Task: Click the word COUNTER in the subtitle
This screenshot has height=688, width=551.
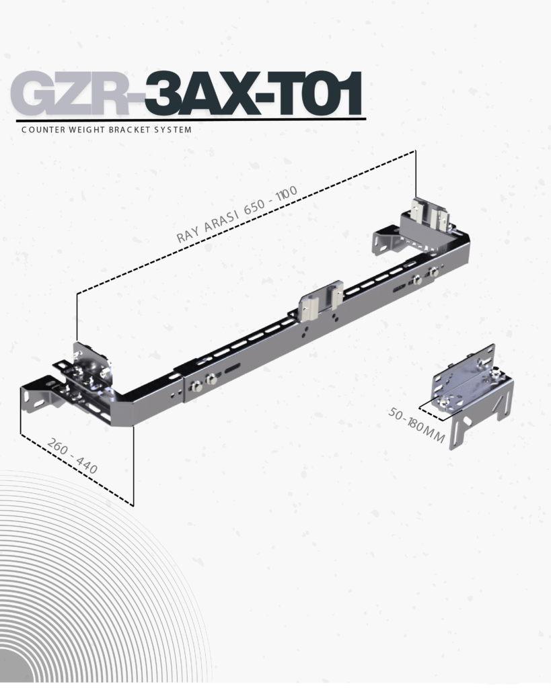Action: [43, 130]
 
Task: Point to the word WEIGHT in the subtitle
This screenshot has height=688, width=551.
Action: [87, 130]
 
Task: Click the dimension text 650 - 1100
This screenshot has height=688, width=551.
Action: [271, 199]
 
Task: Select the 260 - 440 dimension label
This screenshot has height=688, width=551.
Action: [73, 456]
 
